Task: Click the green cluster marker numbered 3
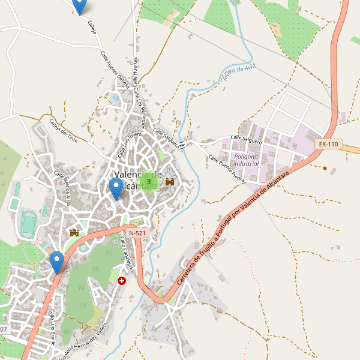[x=149, y=181]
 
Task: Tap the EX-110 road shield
[x=329, y=144]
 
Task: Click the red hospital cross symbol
[x=122, y=280]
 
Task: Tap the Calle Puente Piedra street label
[x=227, y=169]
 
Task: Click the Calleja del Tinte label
[x=63, y=132]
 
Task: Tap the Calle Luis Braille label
[x=53, y=328]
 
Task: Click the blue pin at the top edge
[x=79, y=6]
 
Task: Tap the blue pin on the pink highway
[x=57, y=262]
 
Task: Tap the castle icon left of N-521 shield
[x=75, y=233]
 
